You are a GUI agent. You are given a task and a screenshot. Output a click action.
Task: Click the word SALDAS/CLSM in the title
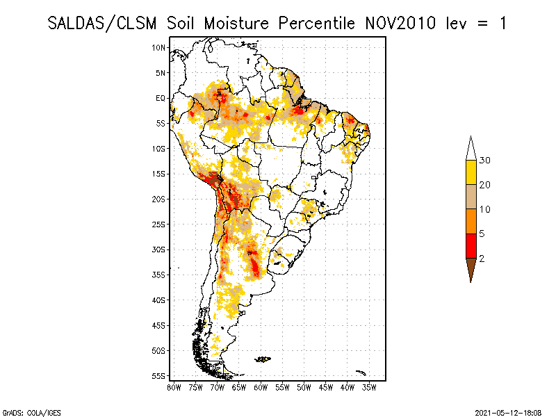(x=104, y=23)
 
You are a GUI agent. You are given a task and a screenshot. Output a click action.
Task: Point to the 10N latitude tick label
(x=159, y=47)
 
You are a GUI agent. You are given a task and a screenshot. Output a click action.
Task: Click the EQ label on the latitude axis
(x=161, y=98)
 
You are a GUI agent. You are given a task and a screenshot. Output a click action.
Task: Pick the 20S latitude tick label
(x=159, y=199)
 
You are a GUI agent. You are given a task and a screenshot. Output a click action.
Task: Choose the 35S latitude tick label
(x=159, y=275)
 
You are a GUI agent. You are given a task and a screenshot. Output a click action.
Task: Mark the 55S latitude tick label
(x=159, y=376)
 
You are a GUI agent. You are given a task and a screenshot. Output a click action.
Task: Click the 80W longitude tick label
(x=174, y=386)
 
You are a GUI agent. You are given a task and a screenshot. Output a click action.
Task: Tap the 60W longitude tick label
(x=261, y=386)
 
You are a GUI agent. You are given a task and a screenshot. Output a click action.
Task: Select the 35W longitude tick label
(x=369, y=386)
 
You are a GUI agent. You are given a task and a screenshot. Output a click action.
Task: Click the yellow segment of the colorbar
(x=471, y=173)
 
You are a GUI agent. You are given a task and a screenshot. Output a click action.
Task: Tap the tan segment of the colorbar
(x=471, y=197)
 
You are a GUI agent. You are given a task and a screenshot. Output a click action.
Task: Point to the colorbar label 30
(x=485, y=161)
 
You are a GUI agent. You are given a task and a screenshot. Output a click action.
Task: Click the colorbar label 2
(x=482, y=259)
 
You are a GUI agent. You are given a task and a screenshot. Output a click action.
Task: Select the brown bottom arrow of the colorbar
(x=471, y=270)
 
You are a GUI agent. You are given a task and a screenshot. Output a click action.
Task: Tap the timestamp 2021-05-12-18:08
(x=508, y=412)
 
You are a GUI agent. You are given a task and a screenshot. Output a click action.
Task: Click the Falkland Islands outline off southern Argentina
(x=263, y=359)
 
